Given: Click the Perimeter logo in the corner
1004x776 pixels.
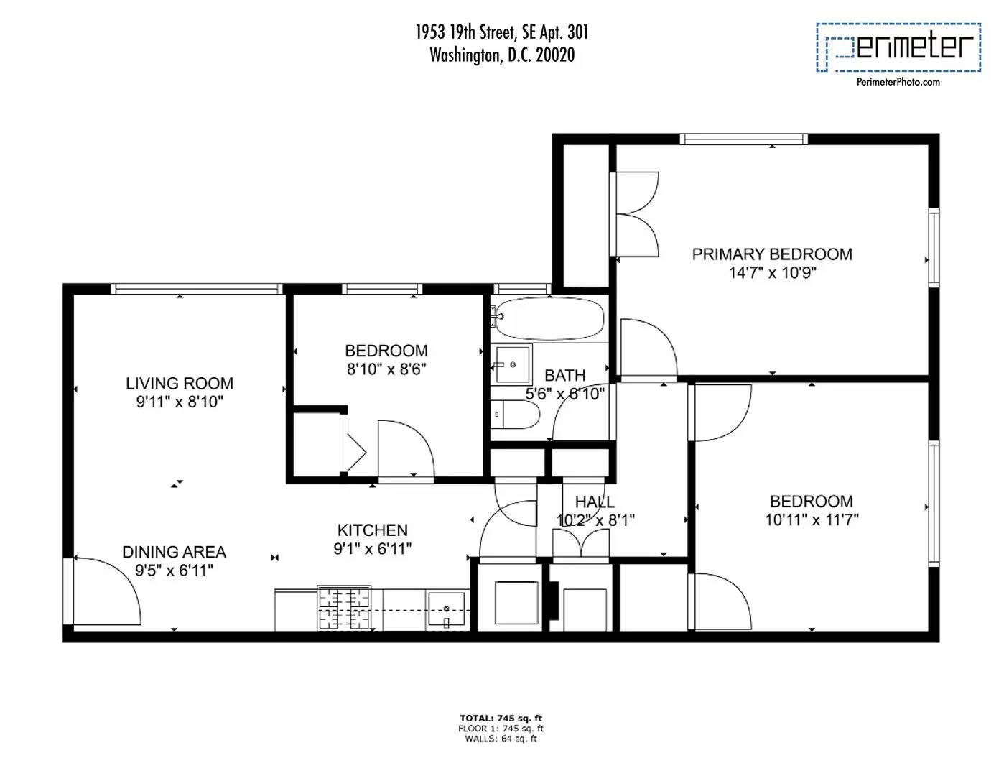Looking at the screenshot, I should pos(898,47).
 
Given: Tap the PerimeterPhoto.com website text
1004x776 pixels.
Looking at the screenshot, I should pos(898,82).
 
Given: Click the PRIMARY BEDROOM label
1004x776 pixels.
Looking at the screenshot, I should pos(772,254).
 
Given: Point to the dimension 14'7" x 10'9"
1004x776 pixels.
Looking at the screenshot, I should pos(772,273).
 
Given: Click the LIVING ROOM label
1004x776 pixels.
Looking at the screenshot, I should pos(180,384).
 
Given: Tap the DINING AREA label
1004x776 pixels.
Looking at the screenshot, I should pos(174,552).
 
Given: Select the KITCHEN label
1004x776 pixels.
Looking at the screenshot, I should pos(372,530).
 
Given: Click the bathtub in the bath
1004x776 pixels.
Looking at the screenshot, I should pos(549,319).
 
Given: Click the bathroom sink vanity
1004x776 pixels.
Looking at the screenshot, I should pos(513,364).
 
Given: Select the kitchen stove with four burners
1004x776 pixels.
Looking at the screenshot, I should pos(344,609).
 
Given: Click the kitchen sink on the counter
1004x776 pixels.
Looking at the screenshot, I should pos(447,610).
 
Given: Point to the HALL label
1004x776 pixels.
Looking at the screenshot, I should pos(595,502).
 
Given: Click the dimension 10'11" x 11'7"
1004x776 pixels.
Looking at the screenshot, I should pos(812,519).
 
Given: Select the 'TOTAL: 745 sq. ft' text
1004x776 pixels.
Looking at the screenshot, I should pos(501,718).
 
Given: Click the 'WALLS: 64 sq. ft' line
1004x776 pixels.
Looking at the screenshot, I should pos(501,739).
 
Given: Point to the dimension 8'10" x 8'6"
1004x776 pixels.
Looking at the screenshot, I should pos(386,369).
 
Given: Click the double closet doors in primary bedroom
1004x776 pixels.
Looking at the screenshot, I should pos(636,213).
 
